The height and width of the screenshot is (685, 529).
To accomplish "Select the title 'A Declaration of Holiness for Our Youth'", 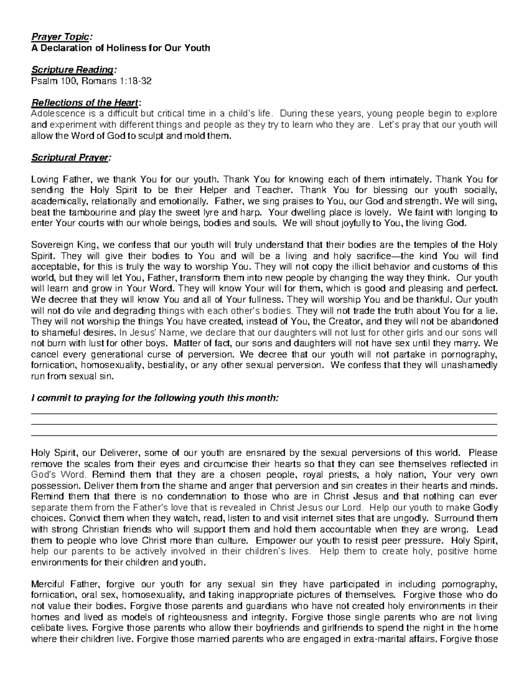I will [120, 48].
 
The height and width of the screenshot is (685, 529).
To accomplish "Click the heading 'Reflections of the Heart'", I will [85, 103].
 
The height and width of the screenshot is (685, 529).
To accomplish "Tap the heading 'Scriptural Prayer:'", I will [71, 157].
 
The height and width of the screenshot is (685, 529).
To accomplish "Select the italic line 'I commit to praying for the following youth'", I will [154, 398].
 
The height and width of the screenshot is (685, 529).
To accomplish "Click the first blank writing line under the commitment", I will [264, 414].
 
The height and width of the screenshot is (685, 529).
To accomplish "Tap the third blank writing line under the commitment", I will [264, 436].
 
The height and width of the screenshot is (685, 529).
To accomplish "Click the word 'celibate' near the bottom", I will [46, 628].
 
